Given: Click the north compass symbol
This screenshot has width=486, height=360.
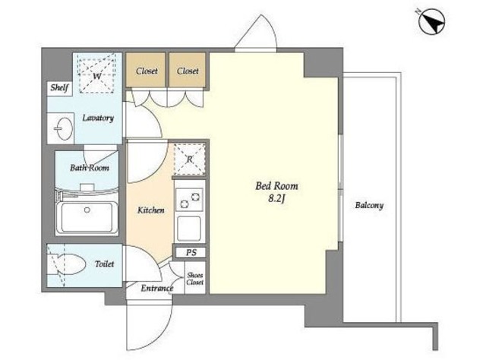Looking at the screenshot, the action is (x=432, y=21).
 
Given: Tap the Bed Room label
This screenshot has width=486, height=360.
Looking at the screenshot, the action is (x=276, y=186).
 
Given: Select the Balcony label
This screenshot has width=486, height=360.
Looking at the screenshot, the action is (x=369, y=205).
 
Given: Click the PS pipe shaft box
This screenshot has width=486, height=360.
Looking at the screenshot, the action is (x=191, y=252).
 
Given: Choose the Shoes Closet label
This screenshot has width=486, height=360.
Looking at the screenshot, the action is (x=195, y=279).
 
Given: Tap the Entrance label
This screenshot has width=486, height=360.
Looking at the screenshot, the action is (x=156, y=289).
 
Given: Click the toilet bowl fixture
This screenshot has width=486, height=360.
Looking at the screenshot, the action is (x=67, y=264).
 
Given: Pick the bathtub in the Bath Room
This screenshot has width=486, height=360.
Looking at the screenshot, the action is (x=87, y=217).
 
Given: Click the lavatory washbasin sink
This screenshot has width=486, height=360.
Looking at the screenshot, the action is (x=63, y=128).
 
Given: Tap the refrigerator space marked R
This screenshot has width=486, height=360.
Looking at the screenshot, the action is (x=189, y=159).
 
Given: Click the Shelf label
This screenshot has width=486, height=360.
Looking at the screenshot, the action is (x=59, y=88).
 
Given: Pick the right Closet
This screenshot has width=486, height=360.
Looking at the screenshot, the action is (x=188, y=70).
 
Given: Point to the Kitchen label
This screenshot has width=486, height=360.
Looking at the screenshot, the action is (x=150, y=210).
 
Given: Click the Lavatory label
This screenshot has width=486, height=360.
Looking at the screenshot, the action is (x=98, y=118).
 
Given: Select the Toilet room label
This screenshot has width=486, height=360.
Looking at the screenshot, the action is (x=105, y=264).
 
